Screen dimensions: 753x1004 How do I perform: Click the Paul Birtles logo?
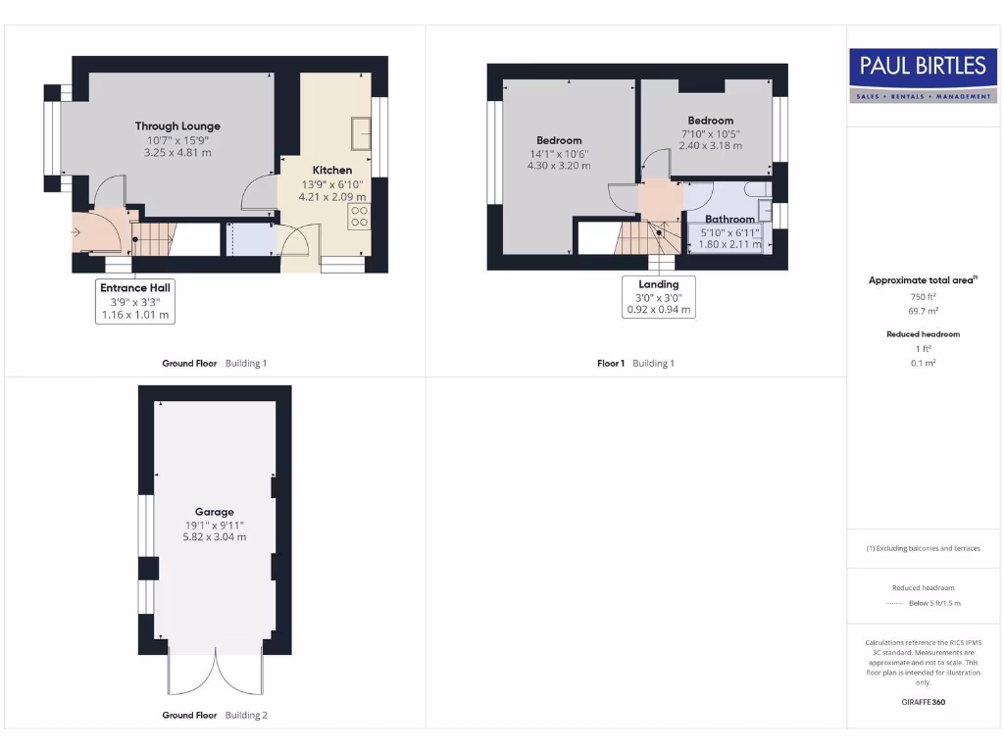923,75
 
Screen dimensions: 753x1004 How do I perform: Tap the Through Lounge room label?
177,125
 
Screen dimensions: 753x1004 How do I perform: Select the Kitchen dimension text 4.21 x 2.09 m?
331,197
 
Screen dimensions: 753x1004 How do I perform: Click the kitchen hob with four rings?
359,216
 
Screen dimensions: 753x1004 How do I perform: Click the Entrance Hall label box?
135,301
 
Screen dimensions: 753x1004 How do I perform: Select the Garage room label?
214,512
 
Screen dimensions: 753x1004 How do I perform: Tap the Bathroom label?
729,219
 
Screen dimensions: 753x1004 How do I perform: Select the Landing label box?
659,297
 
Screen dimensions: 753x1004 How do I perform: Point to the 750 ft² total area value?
925,296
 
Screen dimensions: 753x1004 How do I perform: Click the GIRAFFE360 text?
924,702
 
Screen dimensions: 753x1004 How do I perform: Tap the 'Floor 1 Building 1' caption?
635,364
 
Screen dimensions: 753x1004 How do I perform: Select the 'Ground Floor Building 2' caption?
214,716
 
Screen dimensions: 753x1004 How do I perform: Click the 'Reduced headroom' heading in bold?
924,334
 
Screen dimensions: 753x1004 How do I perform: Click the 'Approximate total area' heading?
923,280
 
